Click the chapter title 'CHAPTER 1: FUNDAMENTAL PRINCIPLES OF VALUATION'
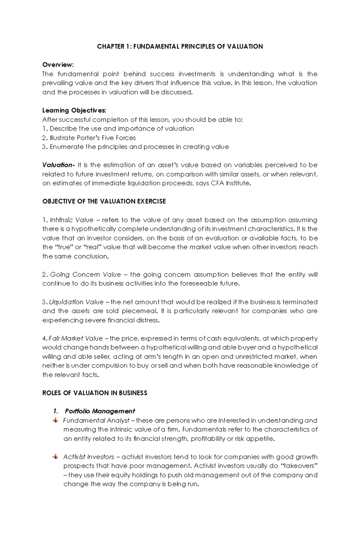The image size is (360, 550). tap(180, 46)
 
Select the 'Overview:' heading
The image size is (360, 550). tap(58, 65)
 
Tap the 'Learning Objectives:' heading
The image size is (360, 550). tap(74, 110)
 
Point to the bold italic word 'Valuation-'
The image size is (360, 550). tap(58, 165)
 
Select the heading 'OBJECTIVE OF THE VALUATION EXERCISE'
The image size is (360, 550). tap(104, 201)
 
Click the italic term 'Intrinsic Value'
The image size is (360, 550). tap(72, 220)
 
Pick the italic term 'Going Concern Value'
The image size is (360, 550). tap(85, 275)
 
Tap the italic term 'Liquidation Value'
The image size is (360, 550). tap(76, 302)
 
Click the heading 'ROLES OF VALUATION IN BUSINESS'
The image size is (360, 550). tap(94, 393)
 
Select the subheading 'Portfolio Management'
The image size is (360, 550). tap(100, 411)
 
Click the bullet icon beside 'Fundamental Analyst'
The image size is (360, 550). tap(55, 420)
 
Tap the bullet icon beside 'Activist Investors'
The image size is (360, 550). tap(55, 457)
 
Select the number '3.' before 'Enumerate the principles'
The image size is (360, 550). tap(45, 147)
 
